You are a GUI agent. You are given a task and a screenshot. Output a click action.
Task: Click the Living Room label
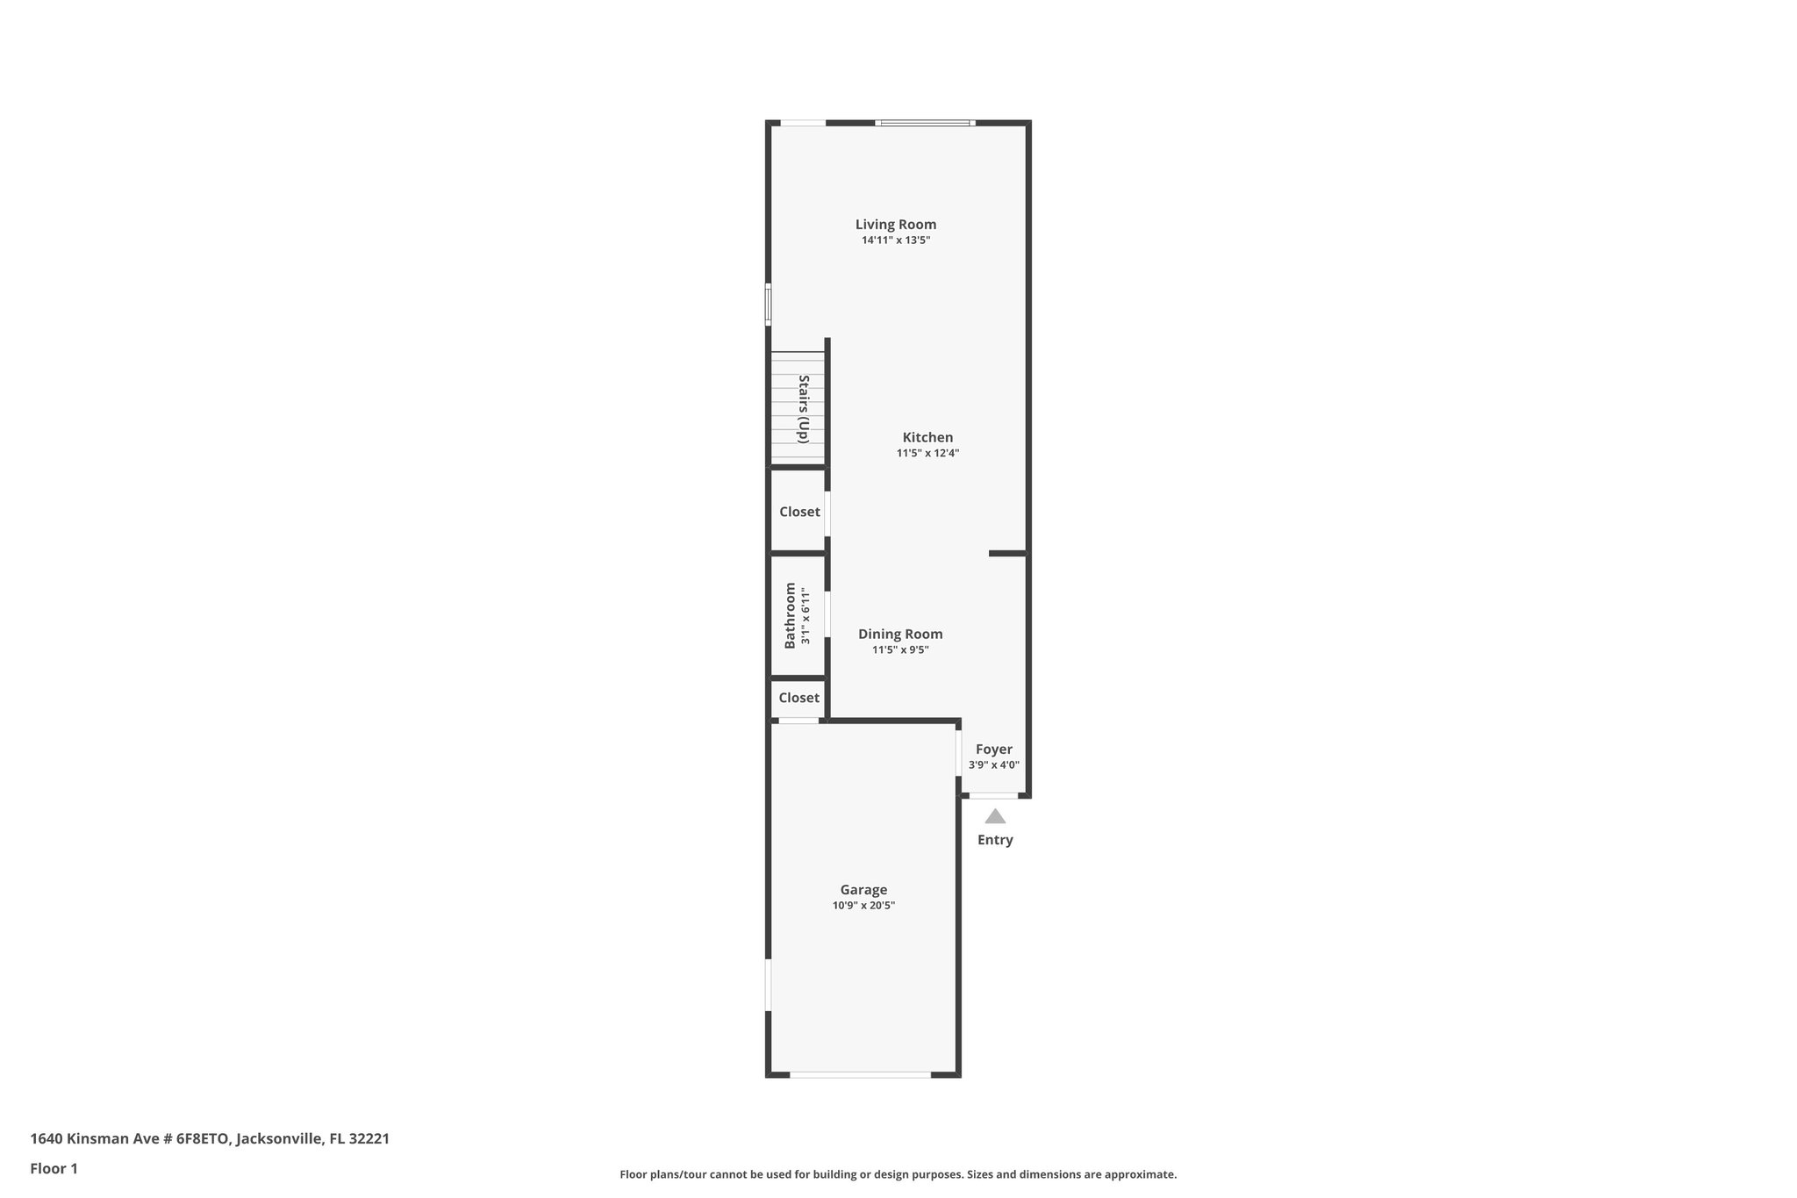895,225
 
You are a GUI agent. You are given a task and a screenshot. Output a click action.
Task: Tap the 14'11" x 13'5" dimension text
895,240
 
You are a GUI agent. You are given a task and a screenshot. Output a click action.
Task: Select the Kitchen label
927,438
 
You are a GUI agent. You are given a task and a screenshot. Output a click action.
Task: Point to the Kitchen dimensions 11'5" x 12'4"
927,454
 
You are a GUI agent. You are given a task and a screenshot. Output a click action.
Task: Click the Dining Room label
900,635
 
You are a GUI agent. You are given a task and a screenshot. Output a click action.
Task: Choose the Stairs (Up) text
803,409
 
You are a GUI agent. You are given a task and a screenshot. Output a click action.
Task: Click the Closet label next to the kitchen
799,513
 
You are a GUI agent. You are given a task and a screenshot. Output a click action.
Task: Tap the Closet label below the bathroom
798,699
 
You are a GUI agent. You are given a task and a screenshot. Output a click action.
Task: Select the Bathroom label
790,616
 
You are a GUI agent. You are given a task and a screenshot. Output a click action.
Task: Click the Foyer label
993,750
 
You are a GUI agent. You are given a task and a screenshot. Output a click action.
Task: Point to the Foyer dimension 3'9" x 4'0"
993,765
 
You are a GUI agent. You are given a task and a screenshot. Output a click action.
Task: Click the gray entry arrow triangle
994,817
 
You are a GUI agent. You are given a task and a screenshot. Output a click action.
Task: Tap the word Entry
995,841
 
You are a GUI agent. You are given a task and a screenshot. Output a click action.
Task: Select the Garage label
863,890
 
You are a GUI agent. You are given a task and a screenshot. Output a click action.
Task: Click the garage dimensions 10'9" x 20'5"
863,906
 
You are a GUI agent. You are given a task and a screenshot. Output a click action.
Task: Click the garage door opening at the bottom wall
860,1074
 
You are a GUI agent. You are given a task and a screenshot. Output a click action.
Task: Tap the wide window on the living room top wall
925,123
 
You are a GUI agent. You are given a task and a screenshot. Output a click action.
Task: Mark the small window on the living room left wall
768,305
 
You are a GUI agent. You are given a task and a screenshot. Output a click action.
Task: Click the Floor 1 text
54,1169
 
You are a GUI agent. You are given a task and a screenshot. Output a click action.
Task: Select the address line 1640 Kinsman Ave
210,1139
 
